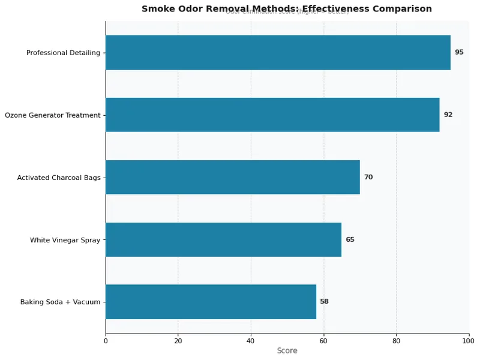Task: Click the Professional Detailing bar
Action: [x=278, y=53]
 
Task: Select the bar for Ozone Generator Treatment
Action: [x=272, y=115]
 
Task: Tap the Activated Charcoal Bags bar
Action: [x=233, y=177]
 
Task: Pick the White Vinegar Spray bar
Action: [x=223, y=239]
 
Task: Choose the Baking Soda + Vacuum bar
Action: [x=211, y=302]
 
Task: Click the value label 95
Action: [x=459, y=53]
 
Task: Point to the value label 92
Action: [x=448, y=115]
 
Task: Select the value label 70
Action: [x=368, y=177]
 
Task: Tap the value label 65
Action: [x=350, y=239]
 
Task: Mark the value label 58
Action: [x=324, y=302]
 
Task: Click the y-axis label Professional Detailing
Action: [x=63, y=53]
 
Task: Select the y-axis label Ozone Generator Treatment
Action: [x=52, y=115]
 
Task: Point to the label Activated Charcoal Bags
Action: [x=59, y=178]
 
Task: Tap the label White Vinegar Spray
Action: [x=65, y=240]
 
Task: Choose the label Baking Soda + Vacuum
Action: [x=60, y=302]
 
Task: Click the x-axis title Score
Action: [x=287, y=351]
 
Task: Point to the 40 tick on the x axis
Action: [x=251, y=341]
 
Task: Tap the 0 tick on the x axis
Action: [x=106, y=341]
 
